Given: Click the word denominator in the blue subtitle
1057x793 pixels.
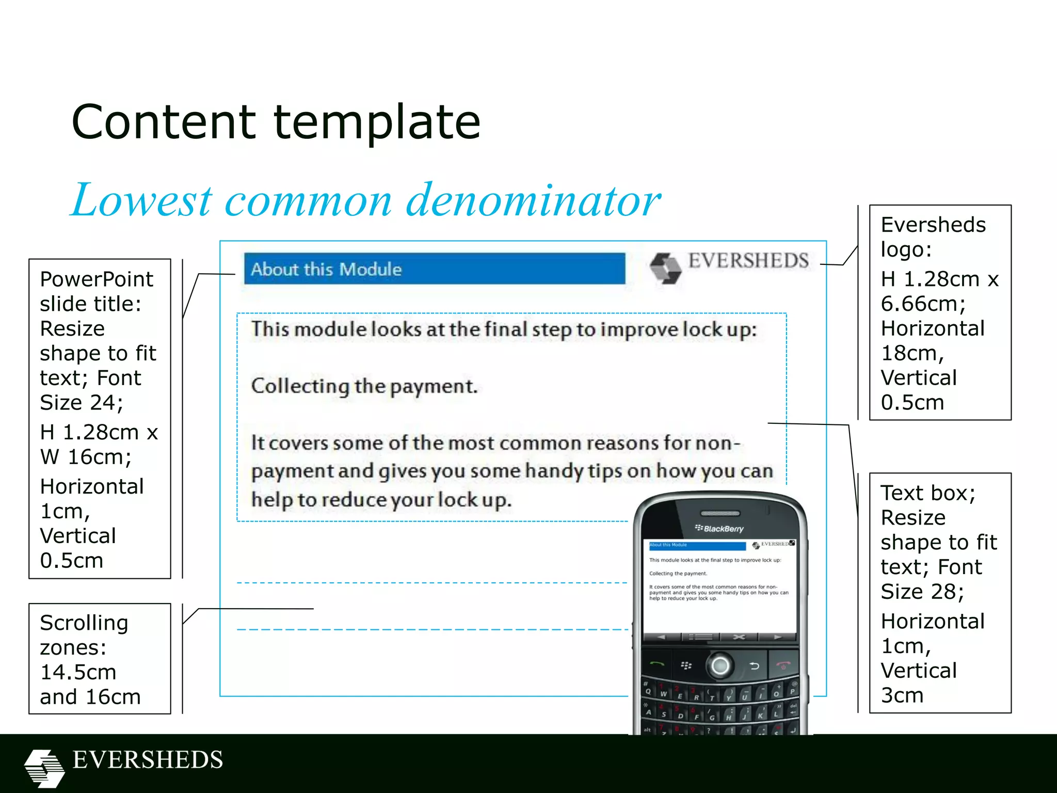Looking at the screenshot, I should (533, 200).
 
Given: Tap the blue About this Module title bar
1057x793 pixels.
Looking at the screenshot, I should (434, 268).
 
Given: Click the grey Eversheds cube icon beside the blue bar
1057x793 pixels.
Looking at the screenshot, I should (665, 267).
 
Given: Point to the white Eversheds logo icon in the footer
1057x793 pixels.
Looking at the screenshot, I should (44, 767).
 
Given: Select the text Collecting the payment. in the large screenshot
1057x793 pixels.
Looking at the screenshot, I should (364, 386).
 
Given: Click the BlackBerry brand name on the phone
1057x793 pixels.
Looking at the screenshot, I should (723, 529).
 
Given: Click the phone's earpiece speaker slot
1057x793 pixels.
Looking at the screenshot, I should (720, 513).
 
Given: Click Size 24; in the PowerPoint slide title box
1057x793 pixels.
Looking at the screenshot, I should (82, 403).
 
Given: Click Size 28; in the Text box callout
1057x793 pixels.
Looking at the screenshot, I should (922, 592).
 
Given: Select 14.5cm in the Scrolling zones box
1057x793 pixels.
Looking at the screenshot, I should (78, 672).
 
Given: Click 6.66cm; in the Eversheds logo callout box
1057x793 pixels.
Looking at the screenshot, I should (923, 304).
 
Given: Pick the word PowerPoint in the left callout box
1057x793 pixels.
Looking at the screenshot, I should (97, 279).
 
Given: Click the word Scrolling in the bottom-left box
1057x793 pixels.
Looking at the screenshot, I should (84, 623).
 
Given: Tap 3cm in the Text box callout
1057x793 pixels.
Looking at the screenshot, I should (902, 695).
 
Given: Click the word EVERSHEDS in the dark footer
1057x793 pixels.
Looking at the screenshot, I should (148, 760).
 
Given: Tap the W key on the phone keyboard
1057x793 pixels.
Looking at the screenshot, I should (663, 694).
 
